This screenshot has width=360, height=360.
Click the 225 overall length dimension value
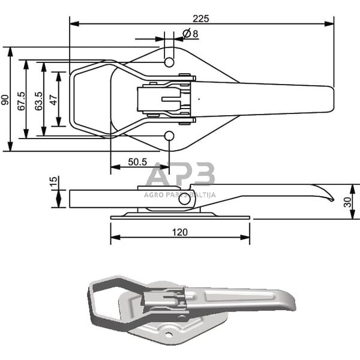[x=201, y=19]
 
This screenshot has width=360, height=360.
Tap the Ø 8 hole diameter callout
[x=190, y=34]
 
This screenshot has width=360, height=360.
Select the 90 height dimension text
[x=5, y=100]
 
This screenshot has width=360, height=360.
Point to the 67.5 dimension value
[x=22, y=101]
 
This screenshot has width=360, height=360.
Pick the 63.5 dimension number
[x=39, y=101]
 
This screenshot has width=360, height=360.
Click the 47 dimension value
[x=54, y=100]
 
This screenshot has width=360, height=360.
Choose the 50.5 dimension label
[x=137, y=162]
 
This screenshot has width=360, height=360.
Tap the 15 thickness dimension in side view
[x=53, y=182]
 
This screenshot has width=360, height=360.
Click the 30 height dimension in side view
[x=347, y=202]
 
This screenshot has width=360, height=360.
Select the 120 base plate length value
[x=180, y=232]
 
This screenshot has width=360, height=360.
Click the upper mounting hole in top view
[x=169, y=62]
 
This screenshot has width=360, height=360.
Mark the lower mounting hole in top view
[x=169, y=136]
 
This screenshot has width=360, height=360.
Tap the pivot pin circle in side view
[x=184, y=199]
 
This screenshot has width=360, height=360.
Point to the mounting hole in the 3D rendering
[x=169, y=335]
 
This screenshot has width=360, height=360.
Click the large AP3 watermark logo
[x=180, y=174]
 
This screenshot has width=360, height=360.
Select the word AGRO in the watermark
[x=152, y=195]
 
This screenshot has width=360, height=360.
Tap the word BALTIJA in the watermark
[x=203, y=195]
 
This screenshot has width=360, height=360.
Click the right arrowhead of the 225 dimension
[x=329, y=23]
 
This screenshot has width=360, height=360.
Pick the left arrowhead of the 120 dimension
[x=115, y=238]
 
